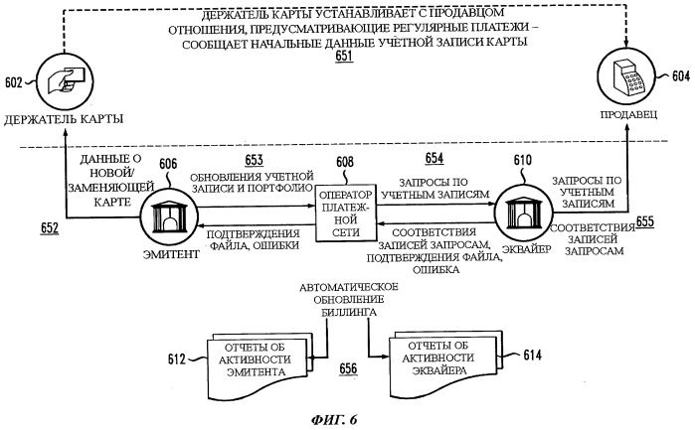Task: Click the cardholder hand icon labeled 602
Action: pyautogui.click(x=65, y=81)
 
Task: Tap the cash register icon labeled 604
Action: pyautogui.click(x=625, y=77)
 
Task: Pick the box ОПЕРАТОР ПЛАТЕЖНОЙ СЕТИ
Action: pyautogui.click(x=346, y=213)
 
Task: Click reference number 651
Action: pyautogui.click(x=344, y=57)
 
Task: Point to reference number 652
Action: pyautogui.click(x=50, y=227)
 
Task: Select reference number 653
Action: pyautogui.click(x=254, y=160)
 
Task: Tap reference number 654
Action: pyautogui.click(x=434, y=158)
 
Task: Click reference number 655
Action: pyautogui.click(x=645, y=221)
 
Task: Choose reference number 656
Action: pyautogui.click(x=348, y=368)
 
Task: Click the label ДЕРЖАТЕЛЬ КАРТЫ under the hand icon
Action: pyautogui.click(x=64, y=119)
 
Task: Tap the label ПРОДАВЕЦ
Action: pyautogui.click(x=628, y=114)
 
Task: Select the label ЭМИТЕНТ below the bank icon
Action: pyautogui.click(x=171, y=254)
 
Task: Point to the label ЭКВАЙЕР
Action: pyautogui.click(x=527, y=249)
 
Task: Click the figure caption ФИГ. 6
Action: pyautogui.click(x=334, y=419)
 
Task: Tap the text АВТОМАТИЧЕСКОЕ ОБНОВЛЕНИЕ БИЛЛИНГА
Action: pyautogui.click(x=349, y=300)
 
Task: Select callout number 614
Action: pyautogui.click(x=532, y=355)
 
